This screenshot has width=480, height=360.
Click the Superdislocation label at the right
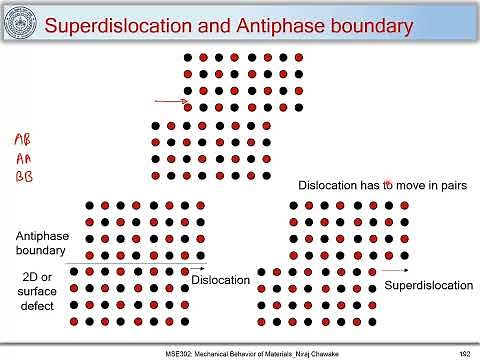[428, 285]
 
